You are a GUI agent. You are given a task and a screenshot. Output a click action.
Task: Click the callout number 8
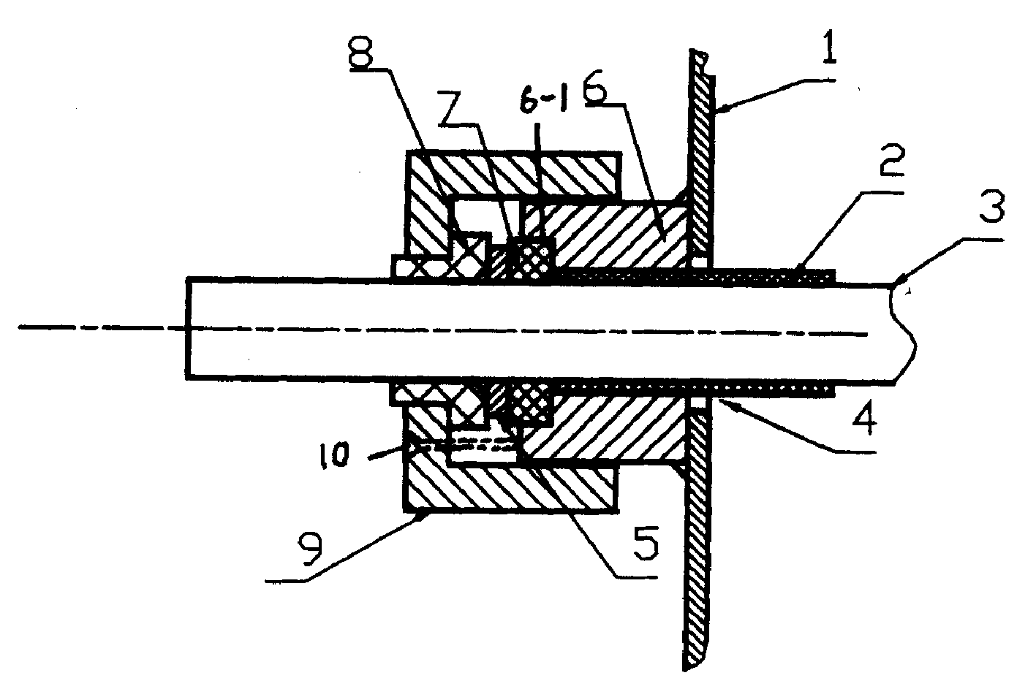361,51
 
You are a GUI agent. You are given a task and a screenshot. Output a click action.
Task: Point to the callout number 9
310,547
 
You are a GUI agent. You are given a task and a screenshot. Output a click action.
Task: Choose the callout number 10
334,456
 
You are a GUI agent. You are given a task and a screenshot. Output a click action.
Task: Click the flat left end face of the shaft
186,328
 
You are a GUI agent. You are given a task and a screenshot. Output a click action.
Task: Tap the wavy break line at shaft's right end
903,334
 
